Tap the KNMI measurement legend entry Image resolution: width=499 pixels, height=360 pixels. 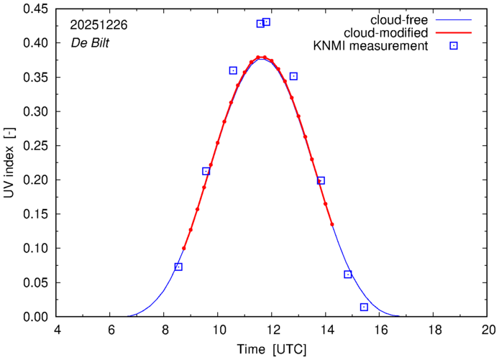point(372,47)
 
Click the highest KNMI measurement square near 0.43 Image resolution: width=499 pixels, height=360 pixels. point(266,22)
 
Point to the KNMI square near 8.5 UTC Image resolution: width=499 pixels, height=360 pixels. point(178,267)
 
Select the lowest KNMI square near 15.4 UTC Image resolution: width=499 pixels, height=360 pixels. point(364,307)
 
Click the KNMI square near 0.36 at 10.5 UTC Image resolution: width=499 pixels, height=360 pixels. point(233,70)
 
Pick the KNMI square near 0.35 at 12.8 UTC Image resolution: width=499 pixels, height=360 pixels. point(293,76)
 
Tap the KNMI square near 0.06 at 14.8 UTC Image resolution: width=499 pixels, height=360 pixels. point(348,274)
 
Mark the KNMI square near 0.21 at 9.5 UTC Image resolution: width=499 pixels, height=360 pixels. point(206,171)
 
